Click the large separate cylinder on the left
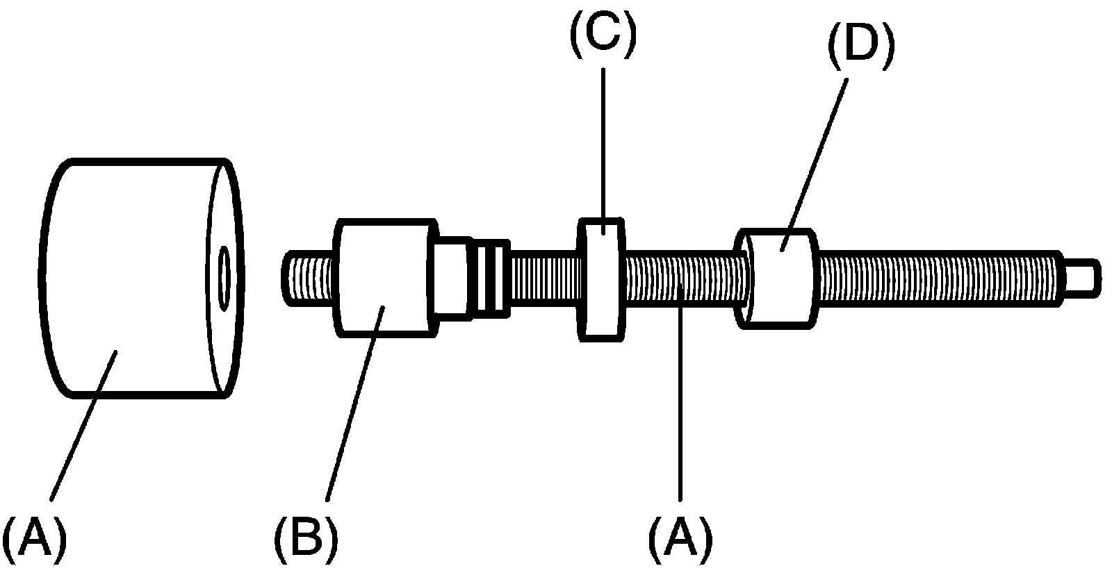132,278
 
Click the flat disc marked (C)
602,278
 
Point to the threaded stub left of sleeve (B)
310,278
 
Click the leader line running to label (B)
351,403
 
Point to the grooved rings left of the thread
492,276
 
